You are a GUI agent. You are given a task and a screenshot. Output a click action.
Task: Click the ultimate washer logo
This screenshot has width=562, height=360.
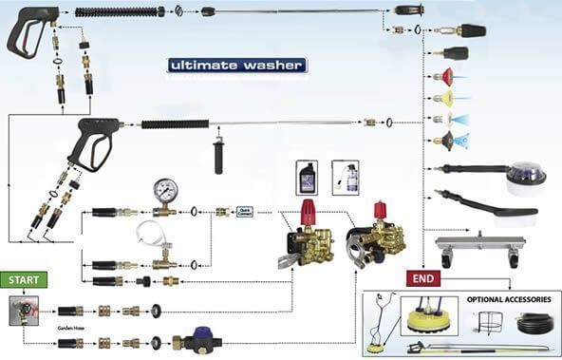(236, 66)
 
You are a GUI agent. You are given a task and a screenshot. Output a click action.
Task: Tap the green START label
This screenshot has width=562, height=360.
(24, 280)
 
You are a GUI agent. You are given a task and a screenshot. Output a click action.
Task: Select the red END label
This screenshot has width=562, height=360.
(422, 278)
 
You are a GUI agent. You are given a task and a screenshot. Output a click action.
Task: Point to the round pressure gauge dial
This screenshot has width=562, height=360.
(164, 189)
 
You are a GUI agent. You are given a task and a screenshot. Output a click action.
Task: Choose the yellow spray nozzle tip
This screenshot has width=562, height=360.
(442, 98)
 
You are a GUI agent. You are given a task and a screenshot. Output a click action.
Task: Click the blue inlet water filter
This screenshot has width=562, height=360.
(199, 341)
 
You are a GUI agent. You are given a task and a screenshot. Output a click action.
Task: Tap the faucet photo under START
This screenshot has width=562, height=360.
(21, 311)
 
